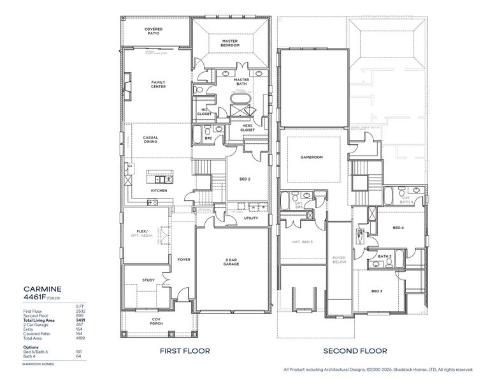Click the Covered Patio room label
click(153, 31)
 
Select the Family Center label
click(158, 84)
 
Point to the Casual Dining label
click(150, 139)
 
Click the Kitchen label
click(159, 191)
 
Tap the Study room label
click(148, 280)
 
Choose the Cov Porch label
click(156, 320)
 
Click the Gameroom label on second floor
click(313, 158)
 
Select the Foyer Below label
click(339, 260)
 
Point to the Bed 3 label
click(377, 291)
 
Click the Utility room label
click(251, 218)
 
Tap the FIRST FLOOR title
click(185, 350)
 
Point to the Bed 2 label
click(244, 180)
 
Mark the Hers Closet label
click(248, 128)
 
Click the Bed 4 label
click(398, 228)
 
